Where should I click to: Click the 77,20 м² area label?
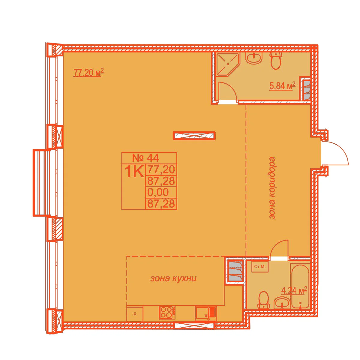click(88, 73)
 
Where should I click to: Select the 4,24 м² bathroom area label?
click(294, 291)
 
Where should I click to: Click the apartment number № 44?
click(145, 158)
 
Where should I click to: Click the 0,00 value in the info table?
click(158, 192)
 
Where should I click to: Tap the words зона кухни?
click(173, 278)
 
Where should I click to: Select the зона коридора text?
click(272, 188)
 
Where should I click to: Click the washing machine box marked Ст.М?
click(260, 267)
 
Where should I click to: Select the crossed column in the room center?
click(194, 135)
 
